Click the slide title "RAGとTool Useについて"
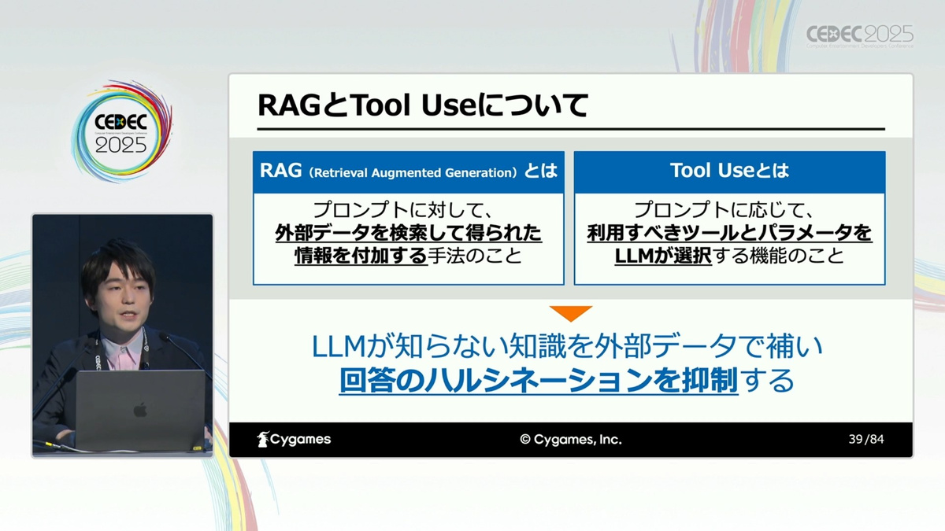coord(423,105)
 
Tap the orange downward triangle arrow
coord(571,313)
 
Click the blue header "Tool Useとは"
coord(729,170)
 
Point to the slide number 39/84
coord(866,439)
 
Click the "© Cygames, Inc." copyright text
coord(571,440)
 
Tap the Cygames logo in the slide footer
coord(294,439)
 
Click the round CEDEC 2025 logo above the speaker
coord(121,131)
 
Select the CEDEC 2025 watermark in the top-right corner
coord(859,35)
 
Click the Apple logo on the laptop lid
coord(140,410)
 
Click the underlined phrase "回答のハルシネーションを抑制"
coord(539,381)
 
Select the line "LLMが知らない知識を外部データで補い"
coord(567,346)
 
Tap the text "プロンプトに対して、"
coord(403,210)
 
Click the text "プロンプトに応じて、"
coord(724,210)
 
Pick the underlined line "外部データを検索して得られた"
coord(409,233)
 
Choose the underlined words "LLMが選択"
coord(663,256)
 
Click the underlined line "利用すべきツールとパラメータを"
coord(729,233)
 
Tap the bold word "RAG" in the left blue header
coord(280,170)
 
